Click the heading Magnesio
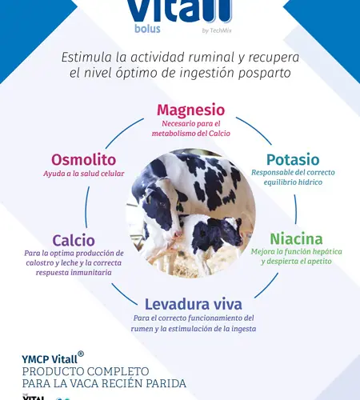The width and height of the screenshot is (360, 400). [x=190, y=110]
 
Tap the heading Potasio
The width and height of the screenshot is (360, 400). [x=293, y=160]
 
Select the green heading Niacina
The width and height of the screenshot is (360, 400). [x=296, y=239]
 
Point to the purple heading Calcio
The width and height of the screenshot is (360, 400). [x=74, y=240]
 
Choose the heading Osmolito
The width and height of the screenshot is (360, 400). [x=84, y=160]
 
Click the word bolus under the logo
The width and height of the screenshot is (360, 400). [x=147, y=29]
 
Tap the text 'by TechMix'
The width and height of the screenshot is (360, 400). [x=217, y=30]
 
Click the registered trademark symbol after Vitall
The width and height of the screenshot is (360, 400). [x=81, y=354]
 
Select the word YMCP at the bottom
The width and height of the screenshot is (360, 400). [x=35, y=359]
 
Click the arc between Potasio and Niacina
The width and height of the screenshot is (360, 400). [x=296, y=210]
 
